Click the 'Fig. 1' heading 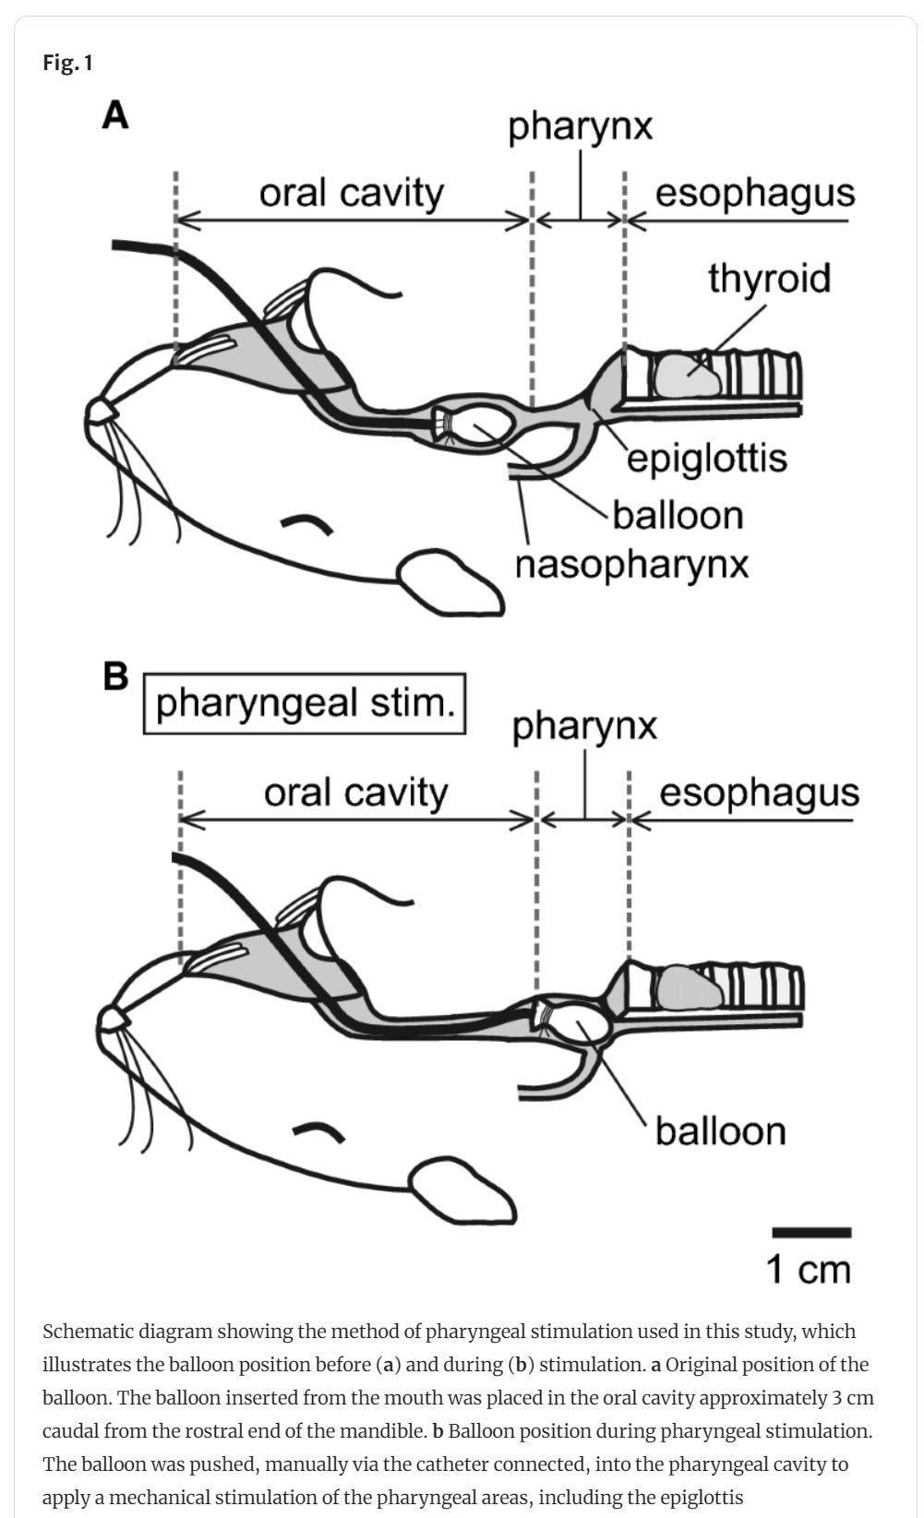tap(67, 64)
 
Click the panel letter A tap(115, 116)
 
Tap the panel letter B tap(116, 676)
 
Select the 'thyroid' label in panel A tap(769, 278)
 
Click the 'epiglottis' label tap(707, 458)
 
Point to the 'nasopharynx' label tap(631, 564)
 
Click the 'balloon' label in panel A tap(678, 515)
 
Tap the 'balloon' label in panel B tap(720, 1130)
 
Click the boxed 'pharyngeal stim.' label tap(305, 703)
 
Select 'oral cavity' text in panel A tap(351, 193)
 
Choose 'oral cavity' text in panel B tap(355, 792)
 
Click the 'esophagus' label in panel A tap(755, 193)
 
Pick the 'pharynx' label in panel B tap(584, 725)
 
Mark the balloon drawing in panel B tap(582, 1019)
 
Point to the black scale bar tap(810, 1232)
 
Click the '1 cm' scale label tap(809, 1269)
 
